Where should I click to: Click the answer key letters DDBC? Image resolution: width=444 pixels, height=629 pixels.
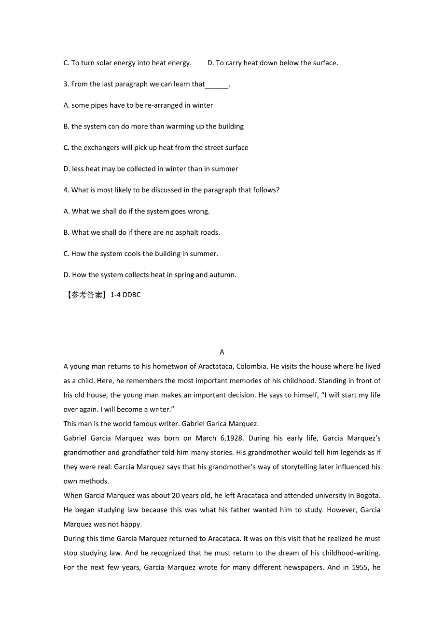pyautogui.click(x=132, y=295)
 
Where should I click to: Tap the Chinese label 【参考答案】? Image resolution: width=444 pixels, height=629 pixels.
pyautogui.click(x=85, y=295)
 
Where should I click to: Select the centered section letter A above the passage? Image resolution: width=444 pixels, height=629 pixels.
pyautogui.click(x=222, y=352)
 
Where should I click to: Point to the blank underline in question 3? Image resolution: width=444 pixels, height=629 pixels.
pyautogui.click(x=217, y=85)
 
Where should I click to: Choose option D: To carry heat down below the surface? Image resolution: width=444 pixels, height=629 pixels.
pyautogui.click(x=273, y=63)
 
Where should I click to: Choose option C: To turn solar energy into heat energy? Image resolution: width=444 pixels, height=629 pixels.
pyautogui.click(x=127, y=63)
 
